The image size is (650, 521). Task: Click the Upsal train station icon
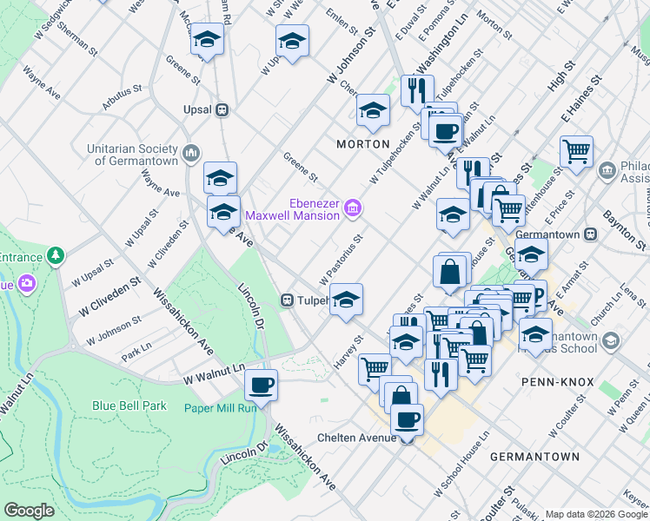(222, 110)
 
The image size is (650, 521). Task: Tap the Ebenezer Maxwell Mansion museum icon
(352, 208)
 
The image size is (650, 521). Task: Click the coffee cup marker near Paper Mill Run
(260, 384)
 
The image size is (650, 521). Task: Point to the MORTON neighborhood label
(362, 142)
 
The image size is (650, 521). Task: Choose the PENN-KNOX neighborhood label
(556, 381)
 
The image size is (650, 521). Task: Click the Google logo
(29, 511)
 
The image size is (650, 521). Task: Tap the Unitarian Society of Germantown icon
(192, 155)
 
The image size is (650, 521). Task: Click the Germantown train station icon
(590, 234)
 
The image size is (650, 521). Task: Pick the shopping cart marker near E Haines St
(576, 152)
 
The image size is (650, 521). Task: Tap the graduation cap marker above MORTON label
(373, 110)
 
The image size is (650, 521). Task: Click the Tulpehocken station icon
(287, 300)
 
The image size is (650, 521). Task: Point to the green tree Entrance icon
(56, 256)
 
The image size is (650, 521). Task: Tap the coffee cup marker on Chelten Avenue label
(407, 420)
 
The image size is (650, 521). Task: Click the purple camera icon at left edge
(27, 283)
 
